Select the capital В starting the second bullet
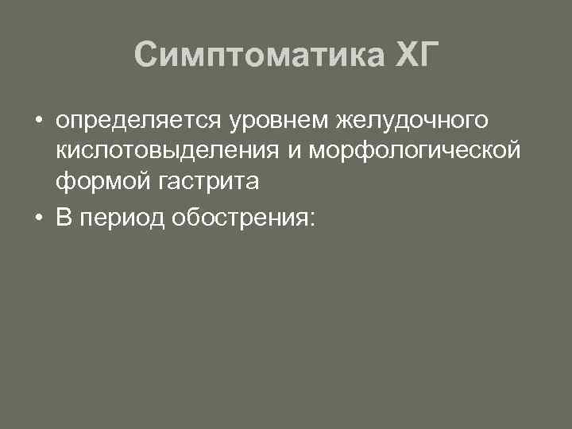click(x=64, y=218)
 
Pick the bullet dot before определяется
click(x=38, y=122)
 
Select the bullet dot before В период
click(x=38, y=218)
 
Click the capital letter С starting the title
click(x=147, y=56)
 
